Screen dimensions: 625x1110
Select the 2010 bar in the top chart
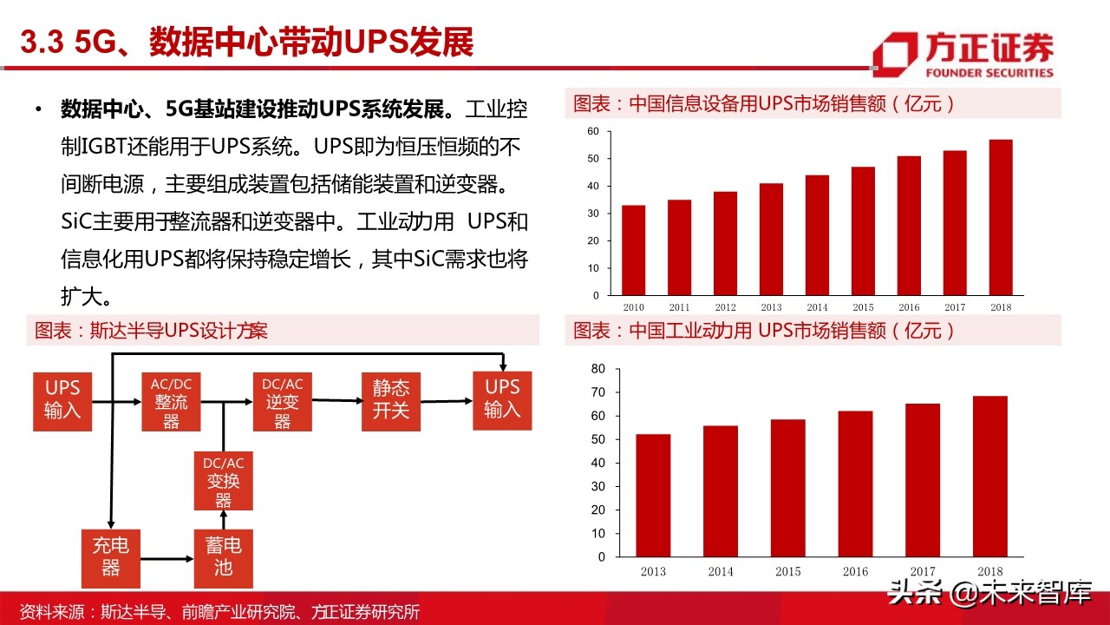click(x=634, y=250)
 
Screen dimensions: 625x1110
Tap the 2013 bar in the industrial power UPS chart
click(x=652, y=495)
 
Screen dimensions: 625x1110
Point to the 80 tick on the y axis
click(x=597, y=369)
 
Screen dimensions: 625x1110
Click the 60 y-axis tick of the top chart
click(x=593, y=131)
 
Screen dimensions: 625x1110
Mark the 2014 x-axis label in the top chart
click(x=816, y=307)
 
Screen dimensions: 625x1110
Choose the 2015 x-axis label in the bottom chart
click(x=787, y=571)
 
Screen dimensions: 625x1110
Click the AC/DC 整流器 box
click(x=171, y=402)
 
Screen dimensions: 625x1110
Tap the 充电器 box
click(x=111, y=558)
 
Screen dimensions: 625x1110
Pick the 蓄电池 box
click(x=224, y=558)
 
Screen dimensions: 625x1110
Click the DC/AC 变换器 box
click(x=223, y=482)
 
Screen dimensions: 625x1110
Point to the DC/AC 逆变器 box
click(x=282, y=402)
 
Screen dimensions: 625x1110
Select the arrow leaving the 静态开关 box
click(x=447, y=401)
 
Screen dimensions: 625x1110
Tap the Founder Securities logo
click(x=963, y=56)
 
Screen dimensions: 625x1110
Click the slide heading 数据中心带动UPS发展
click(x=247, y=41)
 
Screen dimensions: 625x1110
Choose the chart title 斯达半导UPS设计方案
click(x=151, y=331)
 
